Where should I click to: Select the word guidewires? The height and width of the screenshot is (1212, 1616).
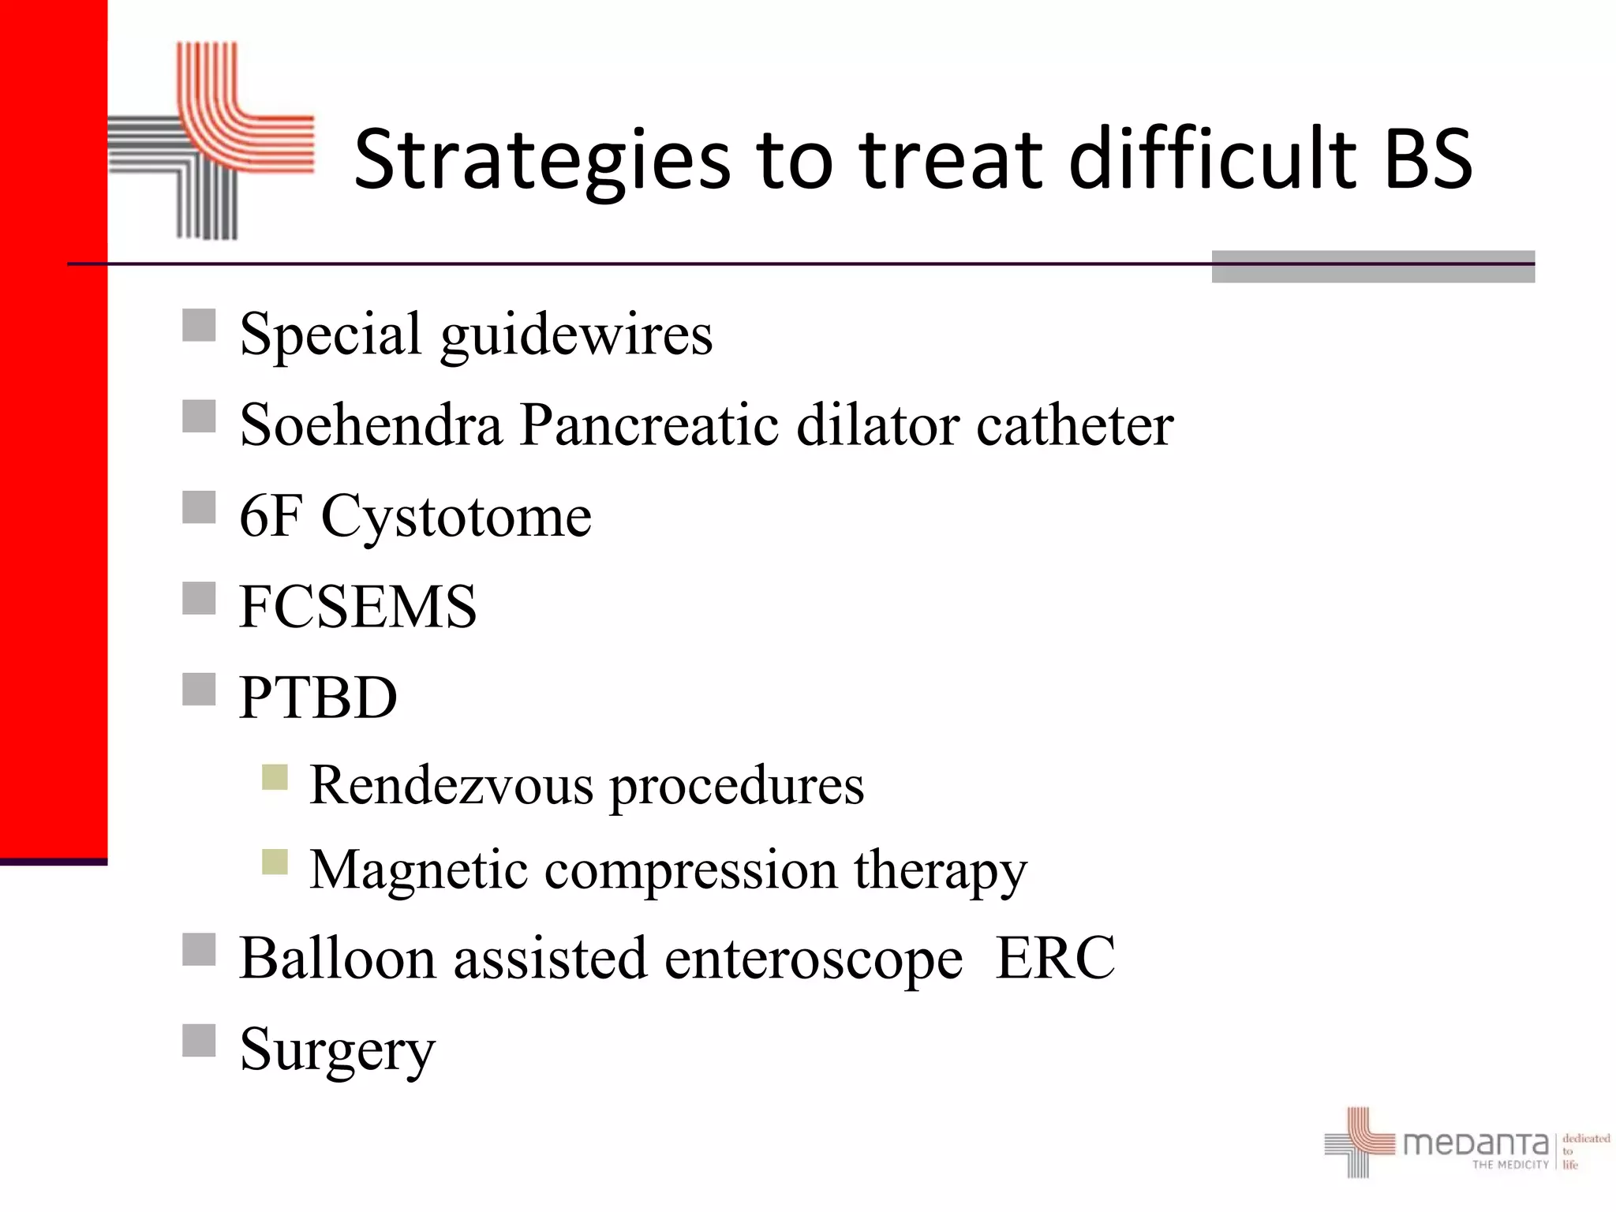(576, 335)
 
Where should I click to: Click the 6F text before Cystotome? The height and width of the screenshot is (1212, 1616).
(271, 516)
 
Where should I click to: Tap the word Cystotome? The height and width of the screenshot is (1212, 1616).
(456, 518)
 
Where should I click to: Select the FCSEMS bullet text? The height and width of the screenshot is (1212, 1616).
(357, 607)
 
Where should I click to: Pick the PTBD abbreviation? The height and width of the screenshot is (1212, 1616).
(318, 698)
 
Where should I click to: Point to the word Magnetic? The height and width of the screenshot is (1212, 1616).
(418, 870)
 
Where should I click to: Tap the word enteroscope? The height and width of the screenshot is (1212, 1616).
(814, 959)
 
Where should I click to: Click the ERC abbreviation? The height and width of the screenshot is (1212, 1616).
(1055, 958)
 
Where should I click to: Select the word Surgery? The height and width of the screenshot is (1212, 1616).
(337, 1050)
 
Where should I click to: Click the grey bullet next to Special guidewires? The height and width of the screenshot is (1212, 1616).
(199, 325)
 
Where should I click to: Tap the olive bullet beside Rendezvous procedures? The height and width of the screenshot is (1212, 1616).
(275, 777)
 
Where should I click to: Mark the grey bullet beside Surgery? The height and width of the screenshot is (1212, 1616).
(199, 1040)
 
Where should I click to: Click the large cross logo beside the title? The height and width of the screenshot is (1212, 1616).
(211, 140)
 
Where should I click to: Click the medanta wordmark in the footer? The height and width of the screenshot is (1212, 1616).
(1475, 1143)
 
